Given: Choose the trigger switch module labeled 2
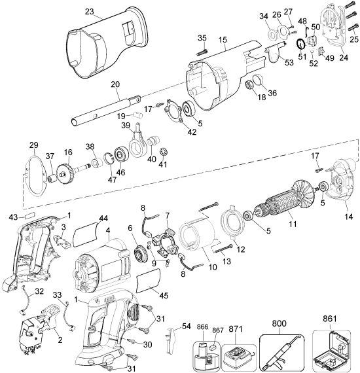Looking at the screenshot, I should coord(30,331).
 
